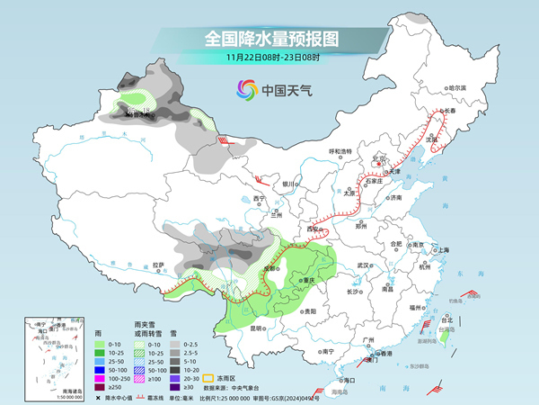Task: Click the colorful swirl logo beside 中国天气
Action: click(x=245, y=89)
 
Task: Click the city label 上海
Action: click(x=442, y=249)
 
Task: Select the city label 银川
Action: click(x=287, y=184)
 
